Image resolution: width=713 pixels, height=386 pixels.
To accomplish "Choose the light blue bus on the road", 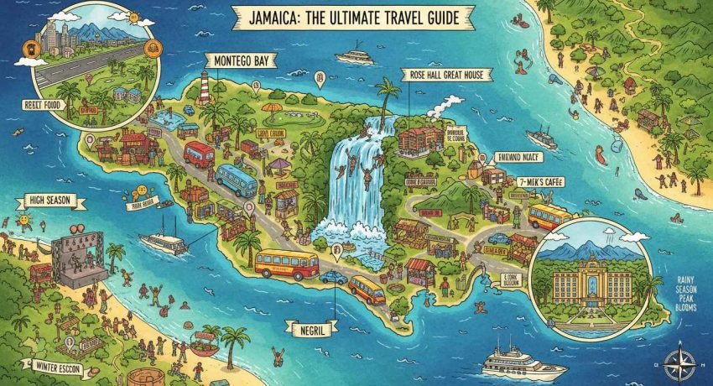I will (236, 179).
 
